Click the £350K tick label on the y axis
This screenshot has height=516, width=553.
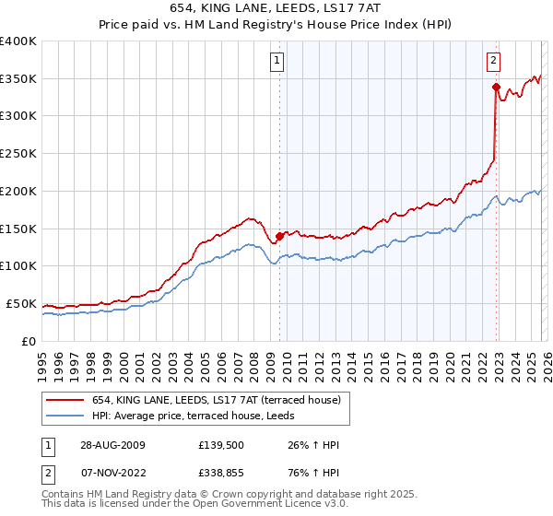click(x=18, y=79)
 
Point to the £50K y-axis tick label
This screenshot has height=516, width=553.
click(x=21, y=303)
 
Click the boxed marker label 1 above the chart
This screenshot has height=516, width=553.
click(x=278, y=62)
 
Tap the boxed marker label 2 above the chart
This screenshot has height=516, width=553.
click(x=494, y=62)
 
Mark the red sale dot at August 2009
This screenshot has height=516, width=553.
click(x=279, y=236)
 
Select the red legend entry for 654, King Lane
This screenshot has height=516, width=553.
click(x=217, y=399)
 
